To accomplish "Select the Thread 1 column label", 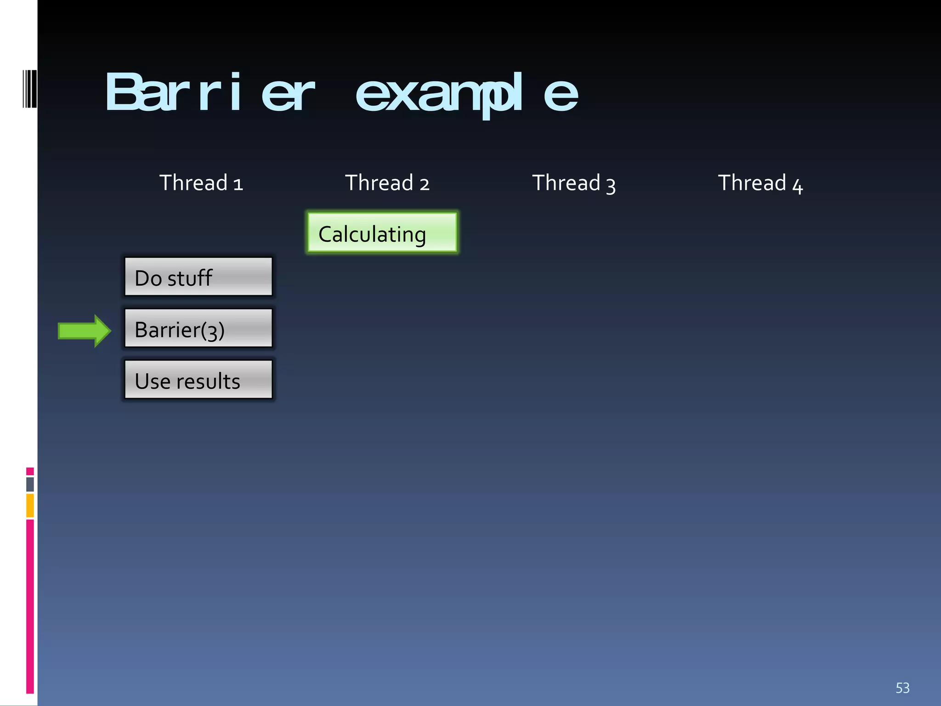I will coord(201,183).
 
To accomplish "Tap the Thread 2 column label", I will coord(387,183).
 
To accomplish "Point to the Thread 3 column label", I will coord(573,183).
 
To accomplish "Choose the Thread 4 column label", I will coord(760,183).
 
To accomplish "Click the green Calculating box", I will coord(382,233).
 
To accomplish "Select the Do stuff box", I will coord(198,277).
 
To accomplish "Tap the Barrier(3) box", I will coord(198,328).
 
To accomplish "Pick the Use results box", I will coord(198,380).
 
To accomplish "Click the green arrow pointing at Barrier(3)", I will coord(84,331).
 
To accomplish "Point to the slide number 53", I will coord(902,688).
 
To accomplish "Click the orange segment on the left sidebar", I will coord(30,505).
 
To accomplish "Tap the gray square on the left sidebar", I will coord(30,484).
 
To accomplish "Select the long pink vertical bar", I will coord(30,606).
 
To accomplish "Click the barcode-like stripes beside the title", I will coord(29,89).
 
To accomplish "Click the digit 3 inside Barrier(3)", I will coord(212,331).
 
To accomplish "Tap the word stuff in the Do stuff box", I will coord(190,279).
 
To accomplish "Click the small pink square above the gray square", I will coord(30,471).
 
